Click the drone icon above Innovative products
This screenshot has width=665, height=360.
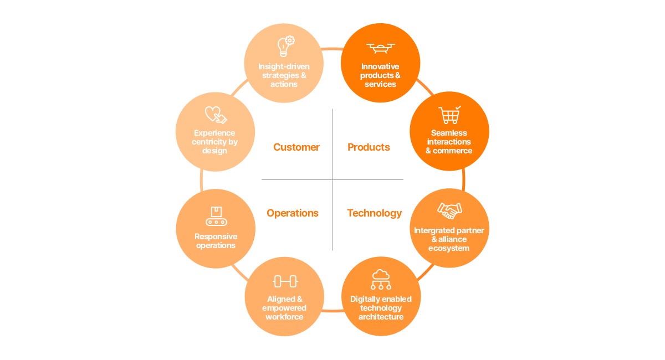(380, 48)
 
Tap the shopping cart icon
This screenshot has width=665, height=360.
(449, 115)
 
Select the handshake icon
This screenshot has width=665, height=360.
(449, 210)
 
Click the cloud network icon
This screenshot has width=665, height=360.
(381, 280)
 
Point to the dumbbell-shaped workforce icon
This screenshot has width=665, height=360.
(285, 281)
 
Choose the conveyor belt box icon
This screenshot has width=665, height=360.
(216, 216)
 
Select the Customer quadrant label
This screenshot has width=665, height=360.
(296, 147)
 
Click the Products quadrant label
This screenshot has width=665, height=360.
(369, 147)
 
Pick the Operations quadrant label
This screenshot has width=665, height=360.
(293, 213)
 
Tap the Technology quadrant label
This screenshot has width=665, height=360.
(375, 213)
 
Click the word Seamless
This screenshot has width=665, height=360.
(449, 133)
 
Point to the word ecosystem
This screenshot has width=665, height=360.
(449, 248)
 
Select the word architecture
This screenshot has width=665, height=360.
(381, 317)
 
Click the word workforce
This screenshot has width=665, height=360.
(284, 317)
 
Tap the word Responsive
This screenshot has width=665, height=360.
(216, 236)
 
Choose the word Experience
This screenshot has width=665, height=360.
(214, 133)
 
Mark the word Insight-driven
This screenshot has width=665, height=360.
(284, 66)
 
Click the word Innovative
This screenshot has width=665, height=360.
(380, 66)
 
